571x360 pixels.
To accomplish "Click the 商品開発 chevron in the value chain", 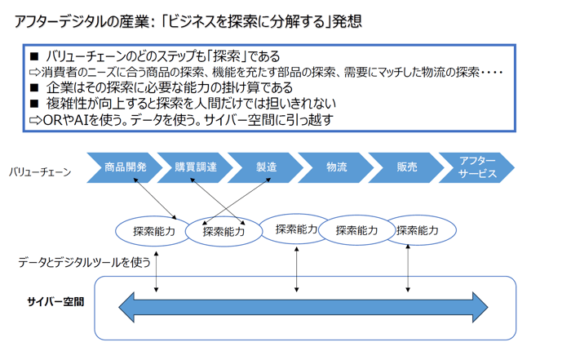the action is (x=125, y=167).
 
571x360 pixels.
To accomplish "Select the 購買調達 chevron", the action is (x=196, y=167).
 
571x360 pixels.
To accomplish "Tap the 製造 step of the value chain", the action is (x=266, y=167).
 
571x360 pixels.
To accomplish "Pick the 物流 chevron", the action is (x=336, y=167).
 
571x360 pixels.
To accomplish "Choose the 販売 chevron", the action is (x=407, y=167).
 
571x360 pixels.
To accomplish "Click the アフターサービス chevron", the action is (x=477, y=167).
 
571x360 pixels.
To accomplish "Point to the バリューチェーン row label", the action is (x=40, y=172).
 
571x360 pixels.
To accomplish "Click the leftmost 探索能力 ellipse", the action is (x=153, y=231).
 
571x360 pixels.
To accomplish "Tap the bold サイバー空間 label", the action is (x=55, y=302).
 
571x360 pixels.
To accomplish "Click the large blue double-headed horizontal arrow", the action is (x=303, y=307).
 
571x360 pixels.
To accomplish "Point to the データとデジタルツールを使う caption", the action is (x=85, y=262).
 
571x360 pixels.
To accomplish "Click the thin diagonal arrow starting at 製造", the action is (x=237, y=201).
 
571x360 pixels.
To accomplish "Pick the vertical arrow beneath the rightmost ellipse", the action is (x=408, y=269).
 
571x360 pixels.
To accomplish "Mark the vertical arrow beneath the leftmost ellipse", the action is (x=157, y=272).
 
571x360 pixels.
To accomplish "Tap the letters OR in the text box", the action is (x=53, y=120).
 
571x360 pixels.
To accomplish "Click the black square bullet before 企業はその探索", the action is (x=34, y=88).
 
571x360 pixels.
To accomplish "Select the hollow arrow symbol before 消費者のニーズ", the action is (x=35, y=72).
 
